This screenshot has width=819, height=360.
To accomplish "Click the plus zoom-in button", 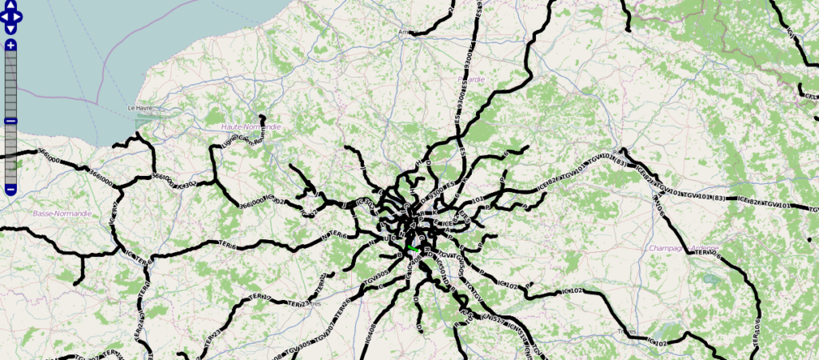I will tap(10, 46).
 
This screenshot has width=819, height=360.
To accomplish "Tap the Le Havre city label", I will tap(140, 107).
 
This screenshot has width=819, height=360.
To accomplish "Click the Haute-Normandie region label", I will tap(250, 126).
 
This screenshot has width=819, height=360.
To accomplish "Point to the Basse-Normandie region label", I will tap(62, 214).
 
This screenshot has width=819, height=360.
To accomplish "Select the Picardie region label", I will tap(470, 80).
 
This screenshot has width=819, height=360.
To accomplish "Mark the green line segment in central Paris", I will tap(413, 249).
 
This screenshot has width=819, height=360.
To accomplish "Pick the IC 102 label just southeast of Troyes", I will tap(656, 343).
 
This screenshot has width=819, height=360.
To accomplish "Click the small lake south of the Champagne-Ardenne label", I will tap(709, 279).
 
